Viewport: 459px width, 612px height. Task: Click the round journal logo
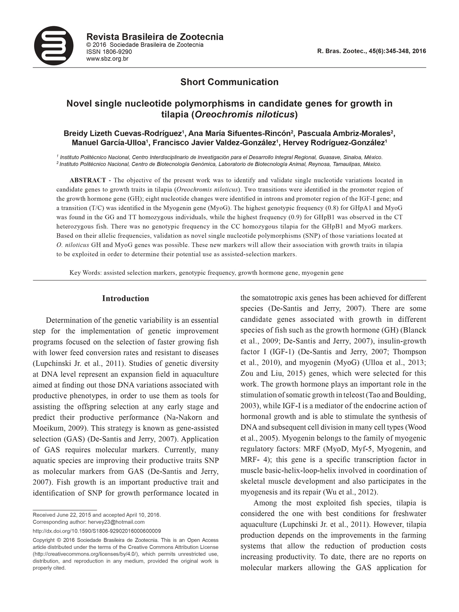click(x=54, y=46)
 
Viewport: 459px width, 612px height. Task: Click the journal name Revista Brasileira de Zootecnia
click(x=155, y=37)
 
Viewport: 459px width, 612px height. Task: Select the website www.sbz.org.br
click(x=107, y=59)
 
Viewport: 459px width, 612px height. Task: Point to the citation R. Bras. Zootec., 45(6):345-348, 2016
click(x=371, y=51)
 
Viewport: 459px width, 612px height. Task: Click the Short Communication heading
click(x=229, y=82)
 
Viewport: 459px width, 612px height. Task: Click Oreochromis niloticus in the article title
click(x=244, y=114)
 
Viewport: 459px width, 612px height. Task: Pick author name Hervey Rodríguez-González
click(x=334, y=143)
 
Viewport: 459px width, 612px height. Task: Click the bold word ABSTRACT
click(x=88, y=180)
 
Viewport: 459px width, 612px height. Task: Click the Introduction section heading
click(x=126, y=298)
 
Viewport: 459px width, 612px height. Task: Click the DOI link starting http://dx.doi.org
click(x=97, y=531)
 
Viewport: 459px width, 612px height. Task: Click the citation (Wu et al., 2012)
click(x=351, y=492)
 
